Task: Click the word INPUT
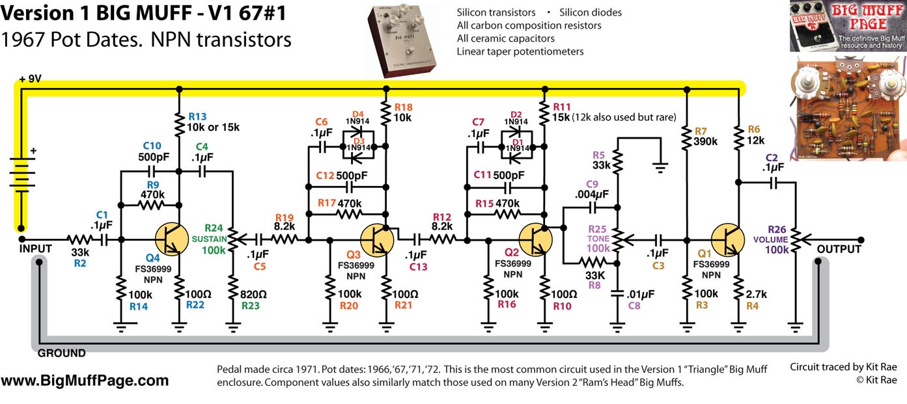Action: [x=35, y=250]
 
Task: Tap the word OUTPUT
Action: [x=839, y=250]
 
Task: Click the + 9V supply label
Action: [x=31, y=79]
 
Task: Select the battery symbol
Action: [x=22, y=176]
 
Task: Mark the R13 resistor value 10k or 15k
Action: [x=213, y=126]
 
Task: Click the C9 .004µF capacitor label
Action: [x=591, y=189]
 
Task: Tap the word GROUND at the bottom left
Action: [x=61, y=353]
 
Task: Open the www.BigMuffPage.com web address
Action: [x=85, y=381]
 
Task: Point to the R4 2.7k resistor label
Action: [x=754, y=299]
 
